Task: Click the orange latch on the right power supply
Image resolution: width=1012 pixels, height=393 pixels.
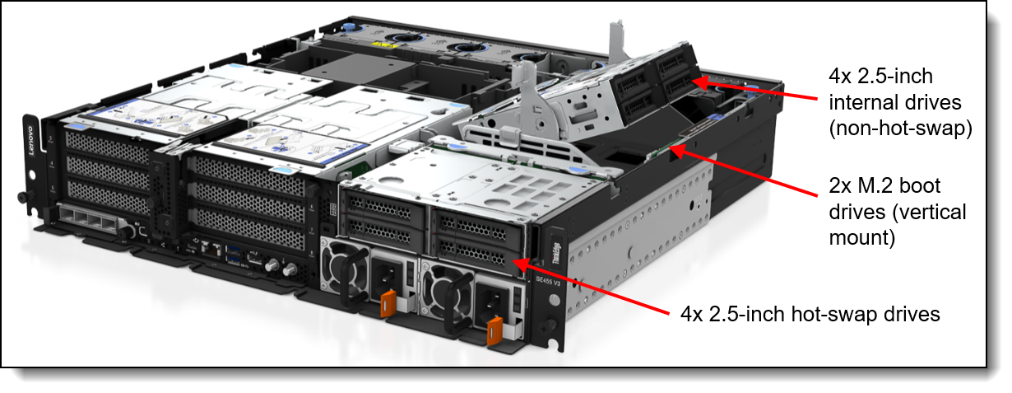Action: (x=494, y=330)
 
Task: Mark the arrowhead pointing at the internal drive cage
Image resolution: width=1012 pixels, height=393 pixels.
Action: (x=699, y=81)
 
